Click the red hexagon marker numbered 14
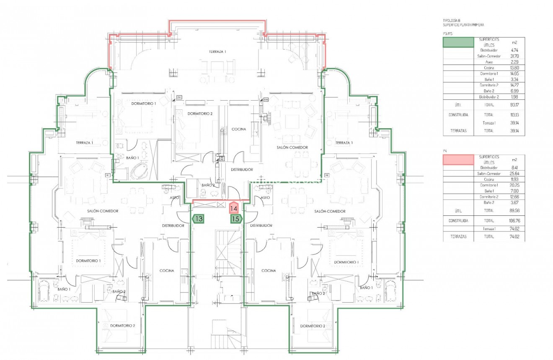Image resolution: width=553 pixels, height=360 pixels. [235, 208]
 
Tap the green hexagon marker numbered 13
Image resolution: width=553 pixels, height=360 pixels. [199, 218]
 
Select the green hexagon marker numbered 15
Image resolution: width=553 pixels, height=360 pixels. [236, 218]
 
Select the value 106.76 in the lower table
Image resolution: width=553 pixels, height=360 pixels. [514, 220]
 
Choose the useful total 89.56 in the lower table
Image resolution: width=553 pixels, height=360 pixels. [514, 211]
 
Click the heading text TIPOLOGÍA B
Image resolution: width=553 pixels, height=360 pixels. [451, 21]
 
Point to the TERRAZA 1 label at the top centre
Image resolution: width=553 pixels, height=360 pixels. [217, 52]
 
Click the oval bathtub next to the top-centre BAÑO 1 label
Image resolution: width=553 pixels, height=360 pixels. [139, 171]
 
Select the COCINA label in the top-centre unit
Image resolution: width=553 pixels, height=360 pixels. [239, 129]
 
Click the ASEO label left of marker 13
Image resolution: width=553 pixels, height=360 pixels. [175, 197]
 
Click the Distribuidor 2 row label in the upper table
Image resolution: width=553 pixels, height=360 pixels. [488, 97]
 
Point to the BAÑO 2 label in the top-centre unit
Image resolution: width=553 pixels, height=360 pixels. [208, 185]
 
